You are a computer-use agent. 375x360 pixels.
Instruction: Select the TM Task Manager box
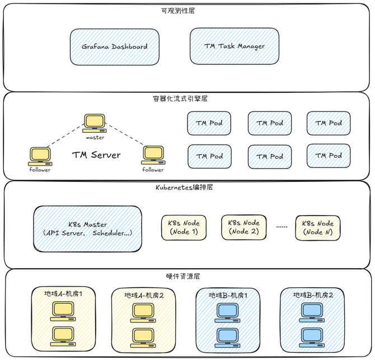point(234,46)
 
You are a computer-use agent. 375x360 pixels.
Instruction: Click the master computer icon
point(95,121)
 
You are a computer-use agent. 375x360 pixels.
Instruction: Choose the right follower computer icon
point(152,154)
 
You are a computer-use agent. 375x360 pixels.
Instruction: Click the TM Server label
point(96,155)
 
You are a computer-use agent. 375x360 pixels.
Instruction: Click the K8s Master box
point(87,228)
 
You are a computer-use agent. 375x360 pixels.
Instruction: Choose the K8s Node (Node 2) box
point(243,227)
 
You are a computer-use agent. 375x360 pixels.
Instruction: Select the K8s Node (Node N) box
point(318,227)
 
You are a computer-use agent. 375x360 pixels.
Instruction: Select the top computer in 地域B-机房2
point(310,311)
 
